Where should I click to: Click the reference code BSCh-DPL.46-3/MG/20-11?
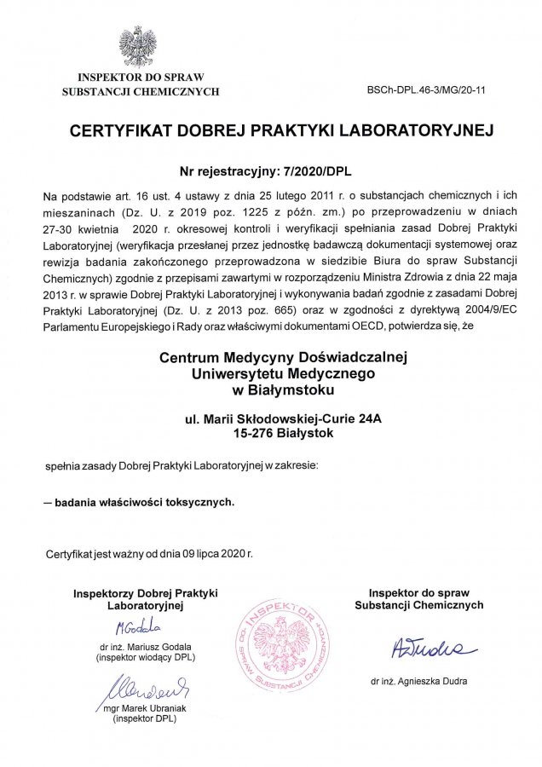pyautogui.click(x=426, y=89)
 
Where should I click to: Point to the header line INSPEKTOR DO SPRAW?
pyautogui.click(x=140, y=78)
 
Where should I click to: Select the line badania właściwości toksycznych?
pyautogui.click(x=144, y=502)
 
